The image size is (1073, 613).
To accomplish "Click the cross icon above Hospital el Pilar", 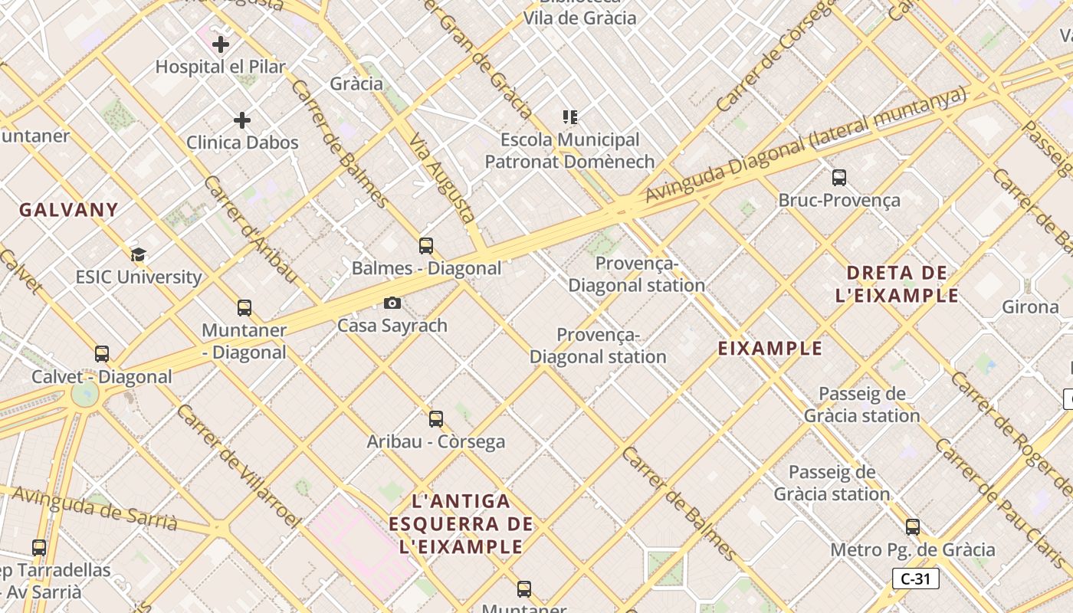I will (221, 44).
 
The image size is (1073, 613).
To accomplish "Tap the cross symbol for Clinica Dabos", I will (242, 120).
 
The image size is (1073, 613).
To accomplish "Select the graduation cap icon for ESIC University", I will (138, 254).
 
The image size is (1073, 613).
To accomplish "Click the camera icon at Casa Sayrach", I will (392, 303).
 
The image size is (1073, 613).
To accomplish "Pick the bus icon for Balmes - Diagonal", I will (426, 246).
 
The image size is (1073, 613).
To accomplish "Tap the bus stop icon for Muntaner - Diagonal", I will (244, 308).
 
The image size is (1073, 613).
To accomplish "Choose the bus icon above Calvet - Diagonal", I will (102, 354).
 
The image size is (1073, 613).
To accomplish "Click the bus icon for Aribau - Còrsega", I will (436, 419).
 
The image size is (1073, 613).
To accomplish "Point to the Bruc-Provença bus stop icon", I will (839, 178).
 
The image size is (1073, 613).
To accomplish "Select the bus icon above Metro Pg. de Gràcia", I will (912, 527).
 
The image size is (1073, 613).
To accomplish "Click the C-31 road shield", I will (915, 579).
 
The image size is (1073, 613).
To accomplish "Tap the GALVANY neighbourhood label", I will (69, 210).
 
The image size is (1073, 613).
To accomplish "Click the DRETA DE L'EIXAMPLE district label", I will (897, 284).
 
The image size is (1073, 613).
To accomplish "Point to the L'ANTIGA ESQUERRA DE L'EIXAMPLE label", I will (461, 524).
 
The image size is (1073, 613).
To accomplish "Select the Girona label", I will (1030, 307).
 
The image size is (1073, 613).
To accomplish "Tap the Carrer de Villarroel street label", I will (238, 465).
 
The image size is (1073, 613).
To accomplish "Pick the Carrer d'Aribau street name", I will (250, 228).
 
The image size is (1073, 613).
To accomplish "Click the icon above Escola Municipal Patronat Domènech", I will (569, 117).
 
